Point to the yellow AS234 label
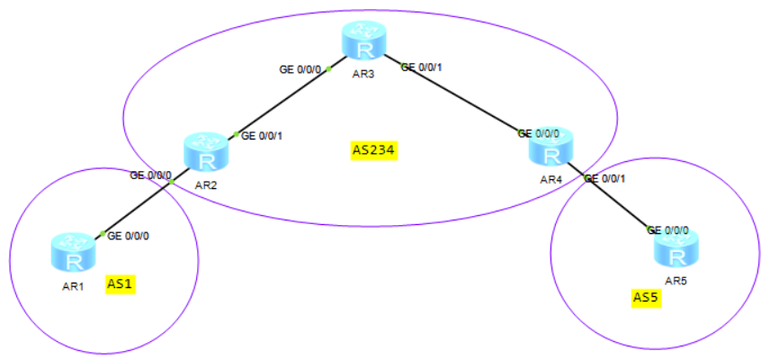coord(374,149)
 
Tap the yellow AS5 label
coord(646,297)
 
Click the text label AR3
coord(365,76)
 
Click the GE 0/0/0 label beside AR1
coord(129,236)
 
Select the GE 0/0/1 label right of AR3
coord(423,67)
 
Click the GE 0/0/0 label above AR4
coord(539,133)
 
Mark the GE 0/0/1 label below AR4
coord(604,178)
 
